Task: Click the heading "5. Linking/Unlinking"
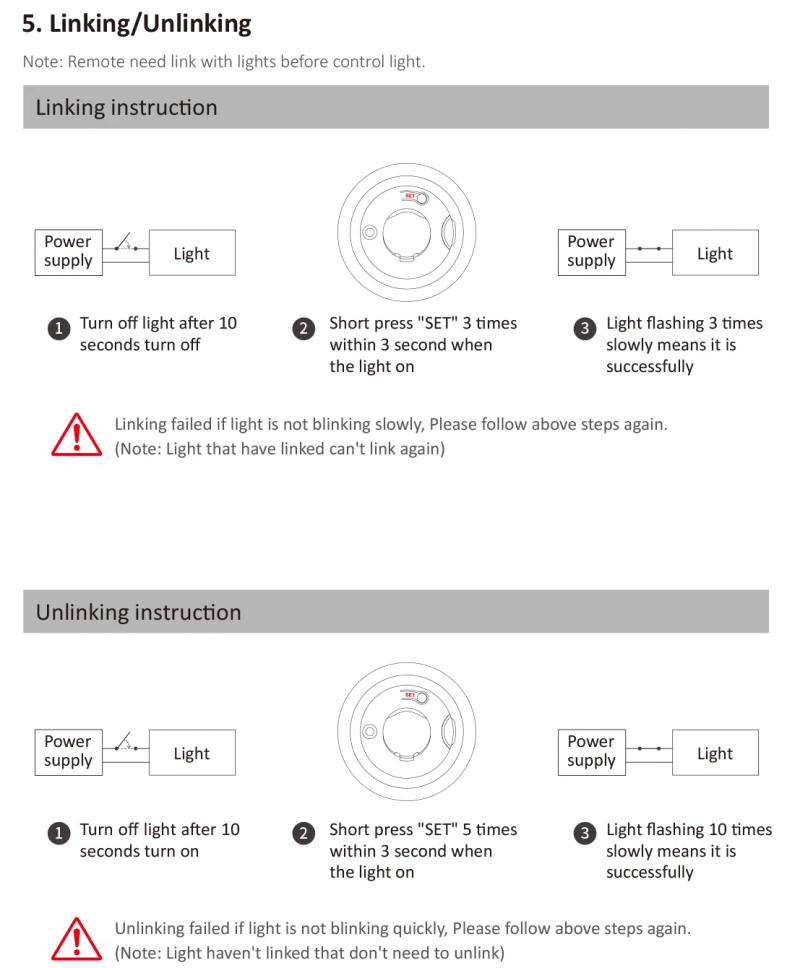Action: pyautogui.click(x=137, y=23)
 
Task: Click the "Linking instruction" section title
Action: pyautogui.click(x=126, y=108)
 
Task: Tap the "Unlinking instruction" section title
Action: pyautogui.click(x=138, y=612)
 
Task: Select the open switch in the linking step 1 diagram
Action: pyautogui.click(x=123, y=243)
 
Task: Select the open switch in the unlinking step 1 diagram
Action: pyautogui.click(x=123, y=742)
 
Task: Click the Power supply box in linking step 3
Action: pyautogui.click(x=591, y=251)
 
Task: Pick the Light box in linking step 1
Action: pyautogui.click(x=192, y=253)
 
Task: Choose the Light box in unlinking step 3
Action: pyautogui.click(x=715, y=753)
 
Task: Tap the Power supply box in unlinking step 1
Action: pyautogui.click(x=68, y=751)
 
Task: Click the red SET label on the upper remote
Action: pyautogui.click(x=410, y=196)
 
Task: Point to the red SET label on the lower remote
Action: pyautogui.click(x=410, y=694)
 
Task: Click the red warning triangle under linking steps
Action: pyautogui.click(x=76, y=434)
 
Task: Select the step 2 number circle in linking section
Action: pyautogui.click(x=304, y=328)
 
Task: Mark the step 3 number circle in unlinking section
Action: pyautogui.click(x=585, y=832)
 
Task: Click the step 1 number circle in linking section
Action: pyautogui.click(x=59, y=328)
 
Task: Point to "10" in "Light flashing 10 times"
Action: pyautogui.click(x=717, y=829)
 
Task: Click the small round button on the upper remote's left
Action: pyautogui.click(x=370, y=233)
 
